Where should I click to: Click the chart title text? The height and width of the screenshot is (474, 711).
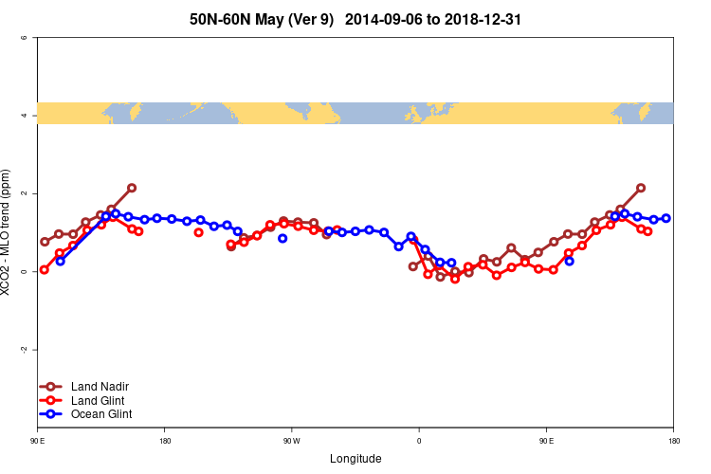click(x=355, y=18)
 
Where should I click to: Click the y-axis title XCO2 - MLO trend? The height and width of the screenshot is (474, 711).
click(x=8, y=233)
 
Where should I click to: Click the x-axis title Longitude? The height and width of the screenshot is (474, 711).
click(x=355, y=459)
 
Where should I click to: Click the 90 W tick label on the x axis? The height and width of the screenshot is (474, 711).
click(x=291, y=441)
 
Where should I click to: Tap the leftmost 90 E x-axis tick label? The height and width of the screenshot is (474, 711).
click(x=37, y=441)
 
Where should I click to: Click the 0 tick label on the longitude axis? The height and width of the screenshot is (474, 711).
click(x=419, y=441)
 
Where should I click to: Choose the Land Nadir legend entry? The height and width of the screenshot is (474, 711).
click(x=100, y=387)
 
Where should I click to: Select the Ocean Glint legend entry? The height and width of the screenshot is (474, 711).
click(x=101, y=414)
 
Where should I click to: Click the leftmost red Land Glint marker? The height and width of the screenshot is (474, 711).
click(x=45, y=269)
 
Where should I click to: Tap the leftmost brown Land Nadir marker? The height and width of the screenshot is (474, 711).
click(x=45, y=242)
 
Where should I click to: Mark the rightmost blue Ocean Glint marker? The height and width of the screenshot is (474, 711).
click(x=666, y=218)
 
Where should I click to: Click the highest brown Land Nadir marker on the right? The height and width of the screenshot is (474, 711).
click(x=641, y=188)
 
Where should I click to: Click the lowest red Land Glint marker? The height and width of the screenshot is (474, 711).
click(x=455, y=279)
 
